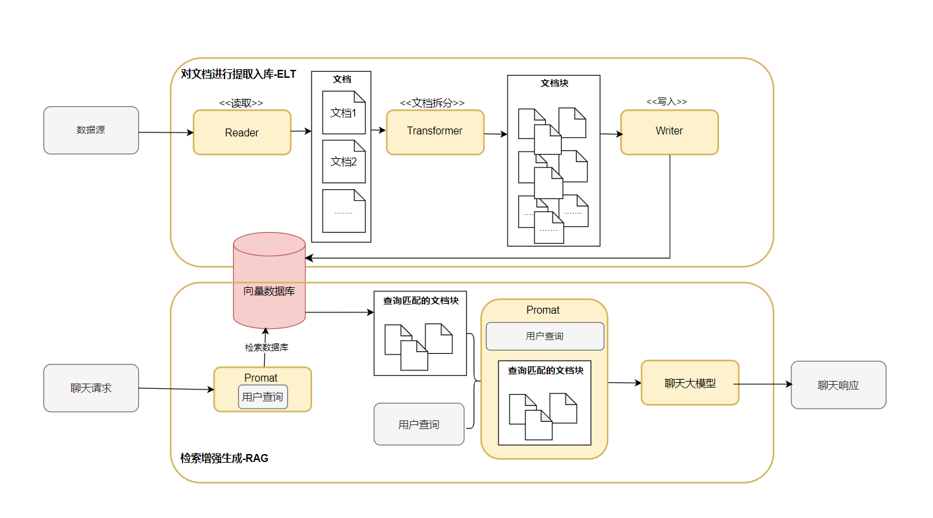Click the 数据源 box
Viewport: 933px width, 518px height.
pos(92,130)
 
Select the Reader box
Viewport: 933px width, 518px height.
pos(242,132)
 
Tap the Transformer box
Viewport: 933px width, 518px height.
pos(435,132)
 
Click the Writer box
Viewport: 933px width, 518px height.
pos(670,132)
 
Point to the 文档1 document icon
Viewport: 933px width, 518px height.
pos(344,113)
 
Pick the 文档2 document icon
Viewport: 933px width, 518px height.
pos(344,161)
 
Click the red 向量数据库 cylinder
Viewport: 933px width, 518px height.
pos(269,281)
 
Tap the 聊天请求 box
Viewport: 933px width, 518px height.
pos(92,388)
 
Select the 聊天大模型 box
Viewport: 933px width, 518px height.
pos(690,382)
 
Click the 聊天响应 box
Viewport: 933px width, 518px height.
pos(838,385)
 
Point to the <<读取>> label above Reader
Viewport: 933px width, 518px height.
pos(241,103)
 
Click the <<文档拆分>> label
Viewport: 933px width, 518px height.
pos(432,103)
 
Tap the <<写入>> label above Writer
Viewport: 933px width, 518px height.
pos(666,101)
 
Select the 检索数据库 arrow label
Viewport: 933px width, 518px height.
pos(267,347)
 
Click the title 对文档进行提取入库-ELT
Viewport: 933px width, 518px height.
pos(238,74)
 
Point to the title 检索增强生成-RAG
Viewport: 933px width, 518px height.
pos(224,459)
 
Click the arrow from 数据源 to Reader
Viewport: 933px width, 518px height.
pos(166,132)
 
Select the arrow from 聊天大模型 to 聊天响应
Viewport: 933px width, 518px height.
pos(762,384)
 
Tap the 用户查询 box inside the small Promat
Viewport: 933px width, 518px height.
pos(263,397)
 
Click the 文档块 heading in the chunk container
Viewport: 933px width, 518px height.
pos(554,83)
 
